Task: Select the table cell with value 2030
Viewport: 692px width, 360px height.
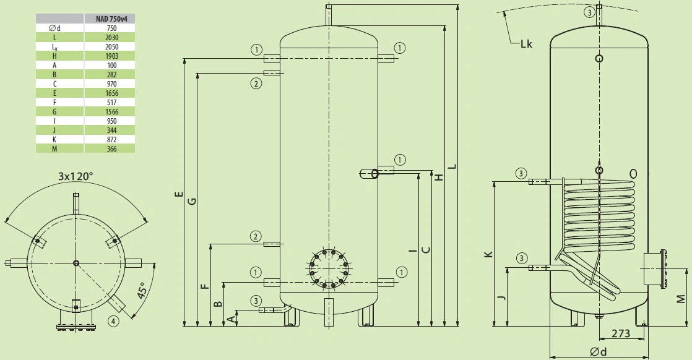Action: (x=111, y=38)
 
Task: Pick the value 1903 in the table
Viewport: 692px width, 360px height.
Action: (x=111, y=56)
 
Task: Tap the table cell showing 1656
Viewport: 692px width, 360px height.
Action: (x=111, y=93)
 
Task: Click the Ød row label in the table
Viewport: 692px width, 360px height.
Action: (x=54, y=28)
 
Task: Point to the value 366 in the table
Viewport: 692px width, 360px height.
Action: (x=111, y=148)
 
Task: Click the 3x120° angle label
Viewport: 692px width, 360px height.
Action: (x=76, y=176)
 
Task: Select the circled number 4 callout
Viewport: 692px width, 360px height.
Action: (x=113, y=321)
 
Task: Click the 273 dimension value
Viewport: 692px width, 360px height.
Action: (x=620, y=333)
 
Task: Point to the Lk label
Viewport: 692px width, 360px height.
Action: (x=526, y=44)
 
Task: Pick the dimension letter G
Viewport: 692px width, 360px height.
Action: (x=192, y=201)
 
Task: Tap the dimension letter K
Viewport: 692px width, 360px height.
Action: (x=488, y=255)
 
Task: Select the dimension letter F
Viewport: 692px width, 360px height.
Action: (x=205, y=286)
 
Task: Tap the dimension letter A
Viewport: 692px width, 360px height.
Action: (x=230, y=319)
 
